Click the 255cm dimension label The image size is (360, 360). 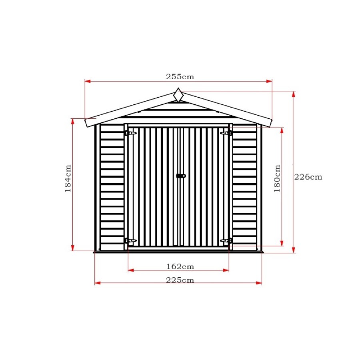[x=180, y=77]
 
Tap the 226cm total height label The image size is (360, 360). [x=308, y=177]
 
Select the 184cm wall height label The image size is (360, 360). [x=68, y=178]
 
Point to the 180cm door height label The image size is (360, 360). [x=277, y=178]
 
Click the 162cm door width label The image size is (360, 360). [x=180, y=266]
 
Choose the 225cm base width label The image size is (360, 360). [x=180, y=280]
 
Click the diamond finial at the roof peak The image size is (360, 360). [x=178, y=95]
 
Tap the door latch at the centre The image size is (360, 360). [x=181, y=176]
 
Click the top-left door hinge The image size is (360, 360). [x=130, y=133]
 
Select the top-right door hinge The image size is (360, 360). [x=226, y=133]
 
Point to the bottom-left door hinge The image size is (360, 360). [x=130, y=240]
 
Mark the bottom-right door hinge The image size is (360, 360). [x=226, y=240]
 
